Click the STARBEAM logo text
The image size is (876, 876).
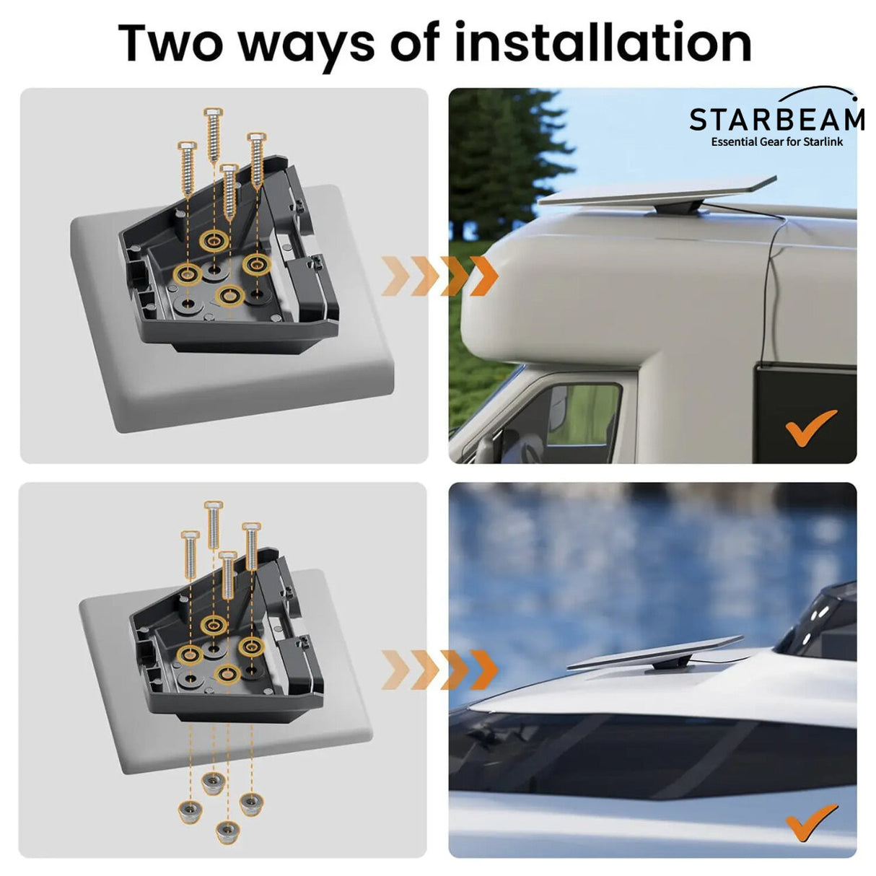(x=776, y=119)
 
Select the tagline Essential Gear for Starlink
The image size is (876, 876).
(x=776, y=141)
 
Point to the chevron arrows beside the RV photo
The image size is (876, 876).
(x=439, y=275)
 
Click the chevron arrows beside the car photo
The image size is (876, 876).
(x=439, y=669)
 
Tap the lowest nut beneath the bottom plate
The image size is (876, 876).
(x=227, y=832)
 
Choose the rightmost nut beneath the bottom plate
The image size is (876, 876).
(x=250, y=803)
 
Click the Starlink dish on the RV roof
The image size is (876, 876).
(x=657, y=193)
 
